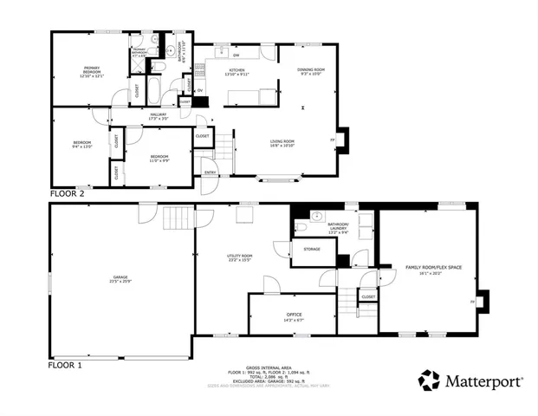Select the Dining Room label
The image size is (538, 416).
pos(312,71)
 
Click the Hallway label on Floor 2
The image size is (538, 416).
pos(159,115)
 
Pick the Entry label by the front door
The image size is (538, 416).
pos(210,172)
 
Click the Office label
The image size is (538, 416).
pos(295,316)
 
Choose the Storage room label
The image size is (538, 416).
pos(312,250)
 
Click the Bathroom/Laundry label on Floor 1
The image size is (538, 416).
pos(338,227)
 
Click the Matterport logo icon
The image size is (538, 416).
pos(429,380)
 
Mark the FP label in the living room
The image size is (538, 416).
pos(332,140)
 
